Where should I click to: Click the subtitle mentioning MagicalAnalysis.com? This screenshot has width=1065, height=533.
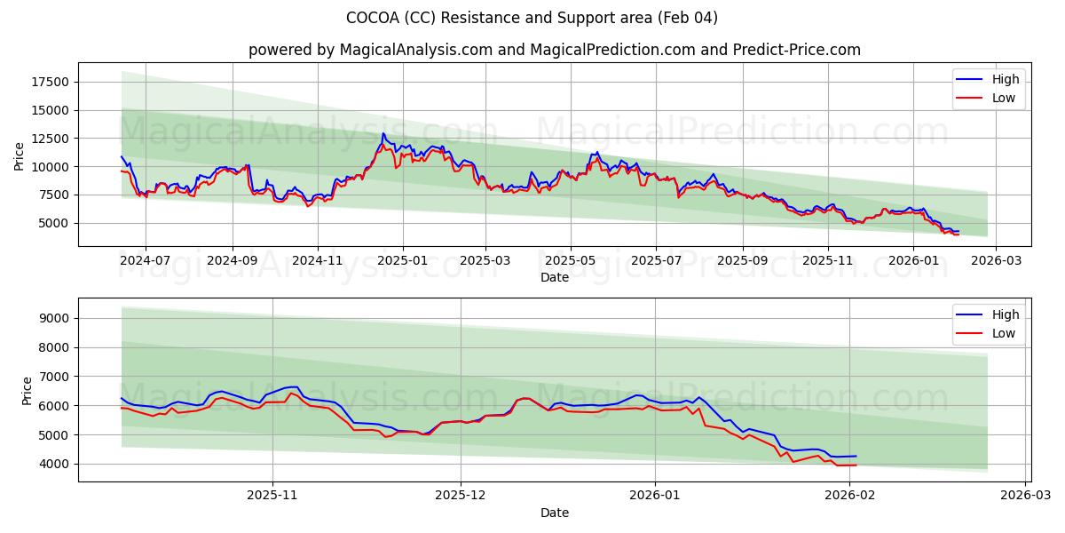tap(555, 50)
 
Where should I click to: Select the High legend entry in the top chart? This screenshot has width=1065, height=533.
tap(1006, 79)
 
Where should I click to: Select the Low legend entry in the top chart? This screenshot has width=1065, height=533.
tap(1004, 98)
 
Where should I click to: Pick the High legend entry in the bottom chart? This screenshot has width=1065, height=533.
tap(1006, 314)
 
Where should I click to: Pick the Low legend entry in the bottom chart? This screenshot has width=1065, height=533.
tap(1004, 333)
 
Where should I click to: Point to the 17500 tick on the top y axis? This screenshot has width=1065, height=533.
tap(50, 82)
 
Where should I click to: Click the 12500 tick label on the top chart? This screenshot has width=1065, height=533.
tap(50, 139)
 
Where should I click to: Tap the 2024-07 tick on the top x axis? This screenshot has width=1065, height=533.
tap(146, 262)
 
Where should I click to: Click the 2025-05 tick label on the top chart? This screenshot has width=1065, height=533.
tap(570, 262)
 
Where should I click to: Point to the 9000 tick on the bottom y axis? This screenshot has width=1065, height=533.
tap(53, 318)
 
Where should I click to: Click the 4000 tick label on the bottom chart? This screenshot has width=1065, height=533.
tap(53, 464)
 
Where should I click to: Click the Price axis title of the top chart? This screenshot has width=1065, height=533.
tap(20, 155)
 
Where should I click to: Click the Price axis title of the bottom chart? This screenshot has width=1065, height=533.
tap(28, 390)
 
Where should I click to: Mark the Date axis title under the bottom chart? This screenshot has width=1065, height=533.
tap(555, 513)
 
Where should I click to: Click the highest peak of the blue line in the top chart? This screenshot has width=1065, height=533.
tap(383, 133)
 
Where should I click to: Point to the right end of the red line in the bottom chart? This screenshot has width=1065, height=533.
tap(856, 465)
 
